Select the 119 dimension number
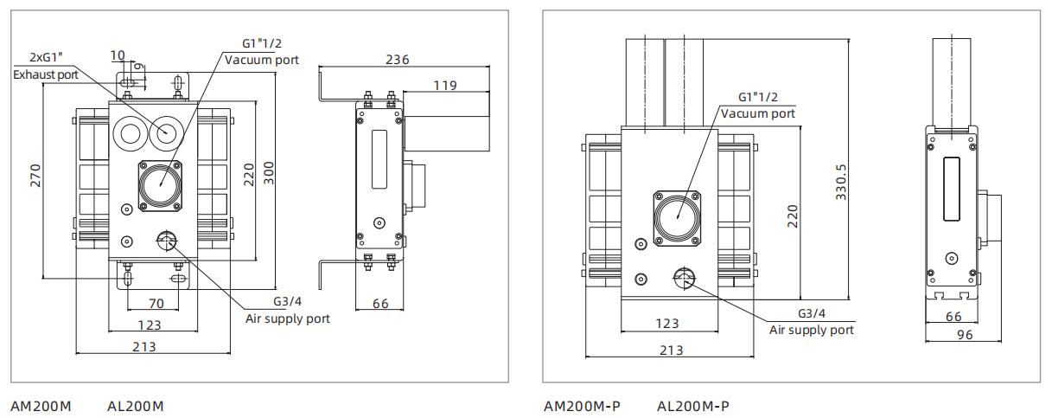point(444,85)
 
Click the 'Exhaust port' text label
point(44,75)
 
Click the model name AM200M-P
point(582,406)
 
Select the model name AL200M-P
point(693,406)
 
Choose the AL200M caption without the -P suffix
point(136,406)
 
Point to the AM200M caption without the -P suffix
point(41,406)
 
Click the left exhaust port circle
point(128,133)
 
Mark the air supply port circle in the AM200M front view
point(165,241)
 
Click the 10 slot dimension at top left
point(118,55)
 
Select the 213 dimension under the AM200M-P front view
point(672,350)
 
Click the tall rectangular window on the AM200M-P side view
point(951,188)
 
